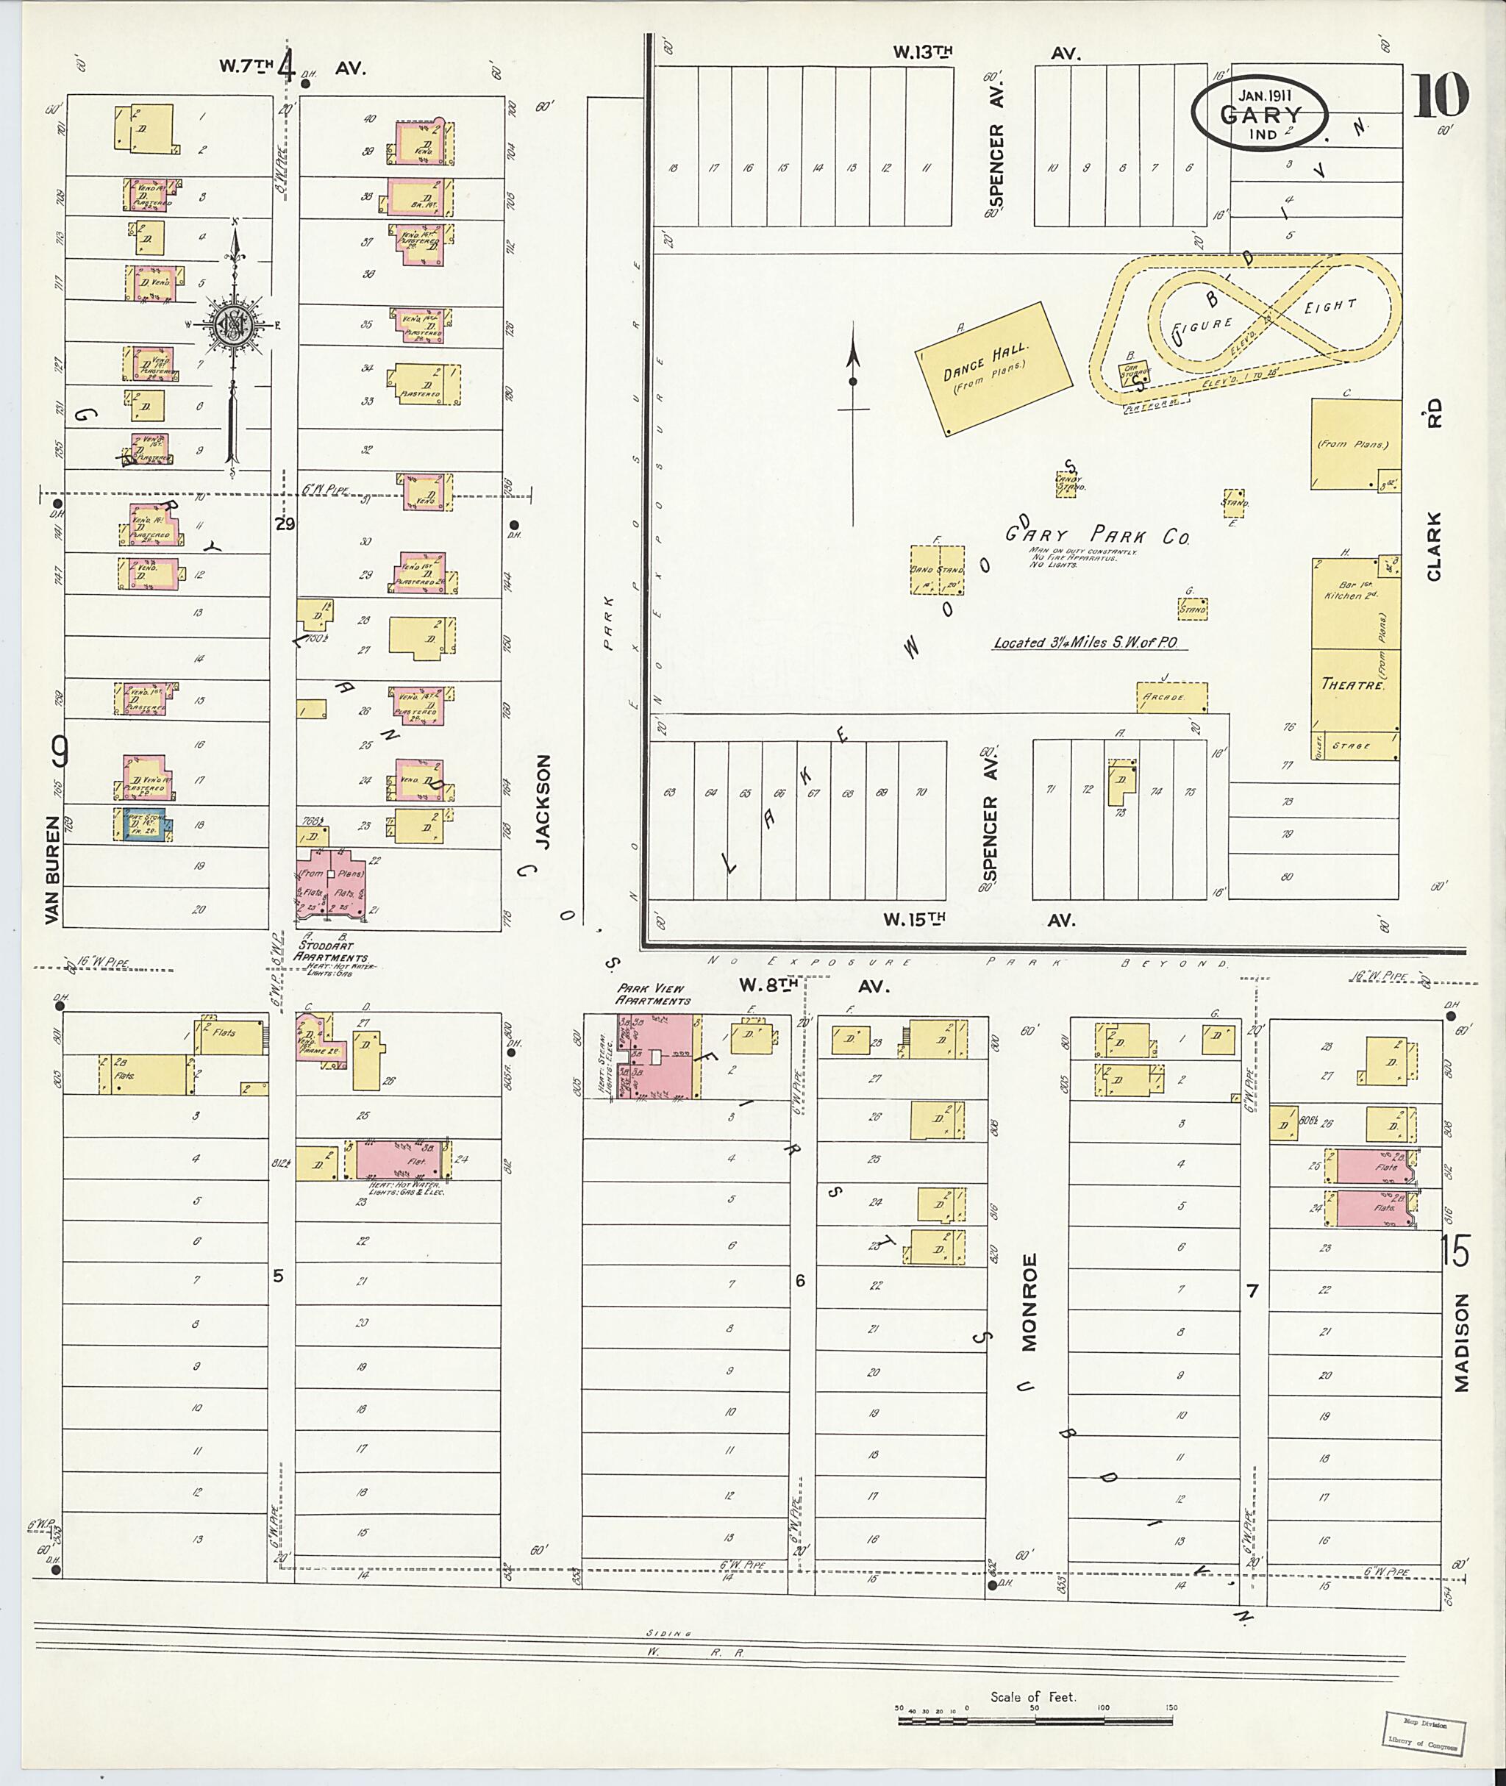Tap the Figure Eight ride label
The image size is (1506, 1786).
1263,316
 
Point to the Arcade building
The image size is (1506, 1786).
1171,696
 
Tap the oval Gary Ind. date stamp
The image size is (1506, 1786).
1261,115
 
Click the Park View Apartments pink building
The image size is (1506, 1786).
657,1056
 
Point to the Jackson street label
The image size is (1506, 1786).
544,801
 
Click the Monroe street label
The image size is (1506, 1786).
1029,1302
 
